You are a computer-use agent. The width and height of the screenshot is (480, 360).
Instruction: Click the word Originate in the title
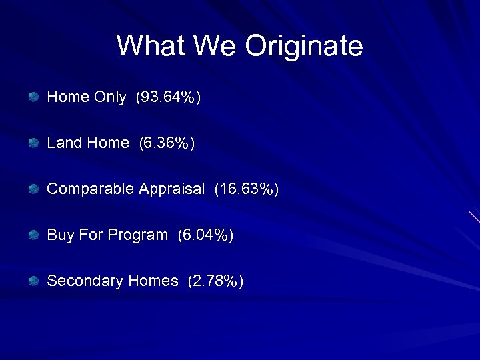point(303,47)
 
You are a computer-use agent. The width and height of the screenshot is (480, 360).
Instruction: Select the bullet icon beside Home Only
point(33,97)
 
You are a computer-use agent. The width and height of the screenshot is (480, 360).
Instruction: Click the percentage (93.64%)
point(168,97)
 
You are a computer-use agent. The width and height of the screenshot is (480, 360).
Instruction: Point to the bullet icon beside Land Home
point(33,143)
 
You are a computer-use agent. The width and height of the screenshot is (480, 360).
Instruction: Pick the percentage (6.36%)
point(167,143)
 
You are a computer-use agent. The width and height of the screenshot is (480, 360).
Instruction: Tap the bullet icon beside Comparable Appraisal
point(33,189)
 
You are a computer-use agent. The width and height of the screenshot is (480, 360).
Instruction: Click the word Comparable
point(90,189)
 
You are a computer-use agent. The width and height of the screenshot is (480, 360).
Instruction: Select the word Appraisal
point(171,189)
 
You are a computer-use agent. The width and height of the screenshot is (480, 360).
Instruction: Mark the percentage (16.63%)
point(246,189)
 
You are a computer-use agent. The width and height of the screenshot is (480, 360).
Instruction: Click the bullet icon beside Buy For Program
point(33,235)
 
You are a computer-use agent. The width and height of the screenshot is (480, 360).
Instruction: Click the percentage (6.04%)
point(206,235)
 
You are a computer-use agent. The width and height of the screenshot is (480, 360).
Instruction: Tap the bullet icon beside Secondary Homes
point(33,281)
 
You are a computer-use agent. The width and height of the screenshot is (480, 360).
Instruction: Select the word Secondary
point(85,281)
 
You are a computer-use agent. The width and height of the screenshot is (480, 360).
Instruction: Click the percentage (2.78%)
point(215,281)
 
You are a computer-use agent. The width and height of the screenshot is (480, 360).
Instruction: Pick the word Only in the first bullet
point(109,97)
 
